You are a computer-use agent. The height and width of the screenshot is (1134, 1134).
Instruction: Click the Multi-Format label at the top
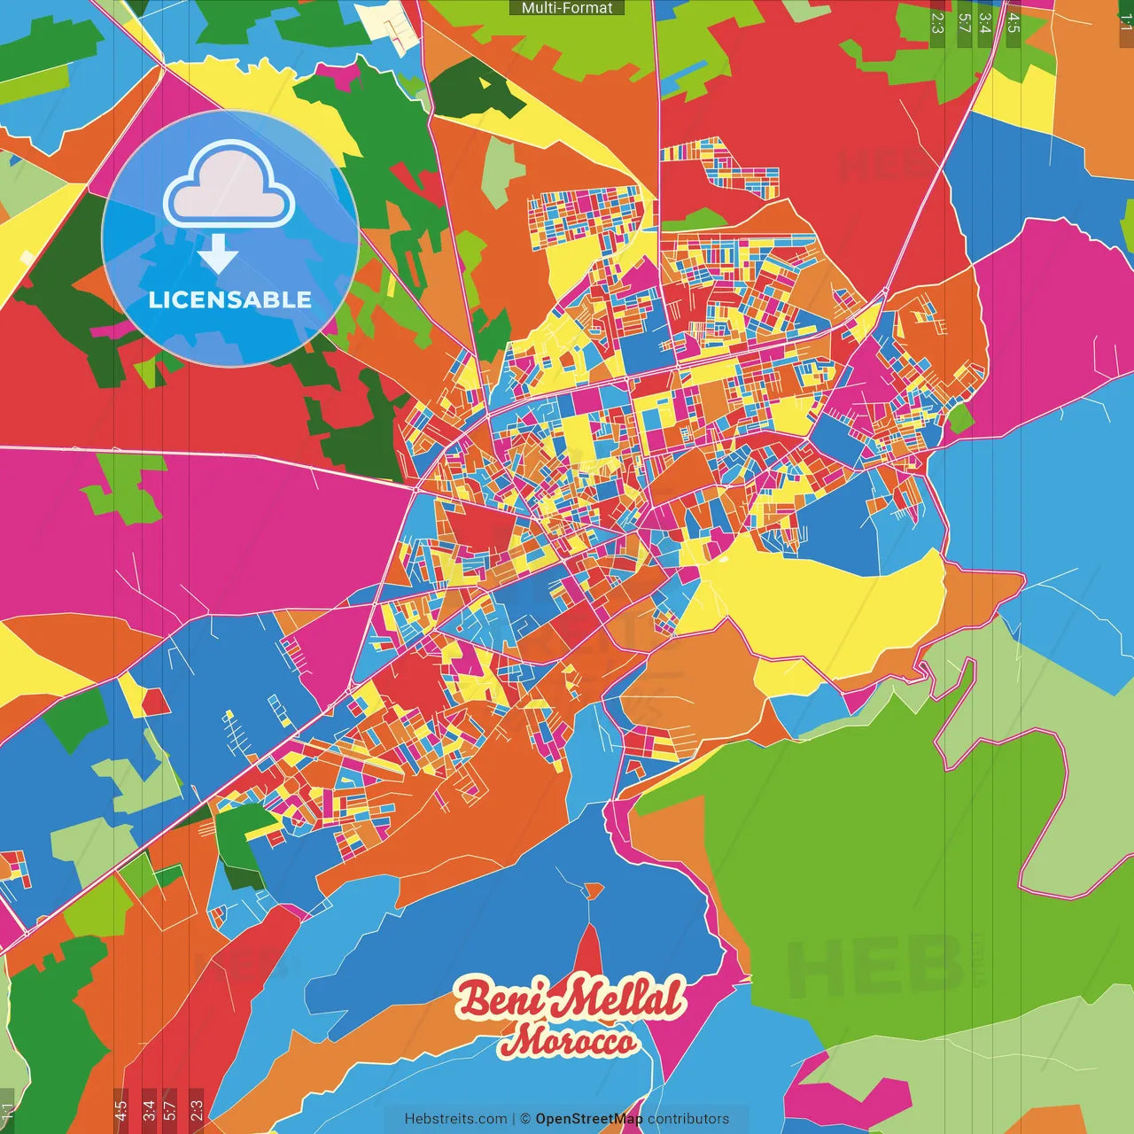pos(567,8)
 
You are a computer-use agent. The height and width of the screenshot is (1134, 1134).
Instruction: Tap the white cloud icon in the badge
pos(229,185)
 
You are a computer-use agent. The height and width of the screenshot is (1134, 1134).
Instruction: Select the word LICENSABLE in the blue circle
pos(230,299)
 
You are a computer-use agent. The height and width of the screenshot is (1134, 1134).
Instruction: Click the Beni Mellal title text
pos(571,999)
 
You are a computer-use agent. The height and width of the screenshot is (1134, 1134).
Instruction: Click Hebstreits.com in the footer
pos(455,1119)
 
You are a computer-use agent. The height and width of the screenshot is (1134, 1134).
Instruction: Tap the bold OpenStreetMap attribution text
pos(588,1119)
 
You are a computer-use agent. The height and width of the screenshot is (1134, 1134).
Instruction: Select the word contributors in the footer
pos(688,1119)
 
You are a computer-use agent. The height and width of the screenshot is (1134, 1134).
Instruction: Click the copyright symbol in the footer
pos(524,1119)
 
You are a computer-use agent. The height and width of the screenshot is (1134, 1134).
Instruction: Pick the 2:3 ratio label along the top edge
pos(937,23)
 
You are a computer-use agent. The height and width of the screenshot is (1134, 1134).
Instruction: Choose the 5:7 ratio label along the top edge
pos(964,23)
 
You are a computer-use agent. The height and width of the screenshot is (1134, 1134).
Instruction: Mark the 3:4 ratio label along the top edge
pos(985,23)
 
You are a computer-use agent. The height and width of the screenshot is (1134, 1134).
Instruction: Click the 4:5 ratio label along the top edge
pos(1014,23)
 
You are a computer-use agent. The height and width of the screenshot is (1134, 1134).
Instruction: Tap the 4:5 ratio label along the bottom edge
pos(120,1110)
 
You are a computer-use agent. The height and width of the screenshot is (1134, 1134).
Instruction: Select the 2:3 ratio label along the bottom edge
pos(197,1110)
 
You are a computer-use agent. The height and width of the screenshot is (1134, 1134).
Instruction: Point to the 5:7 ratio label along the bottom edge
pos(170,1110)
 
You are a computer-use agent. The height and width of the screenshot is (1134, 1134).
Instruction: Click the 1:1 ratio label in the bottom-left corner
pos(7,1113)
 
